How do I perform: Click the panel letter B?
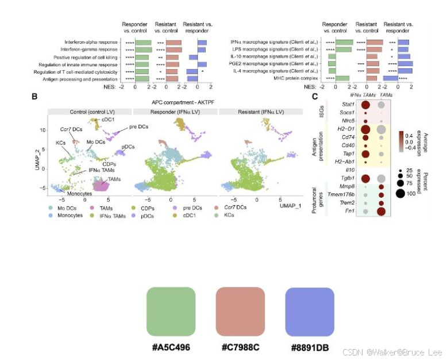pos(35,97)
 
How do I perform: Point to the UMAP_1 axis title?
pos(291,205)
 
